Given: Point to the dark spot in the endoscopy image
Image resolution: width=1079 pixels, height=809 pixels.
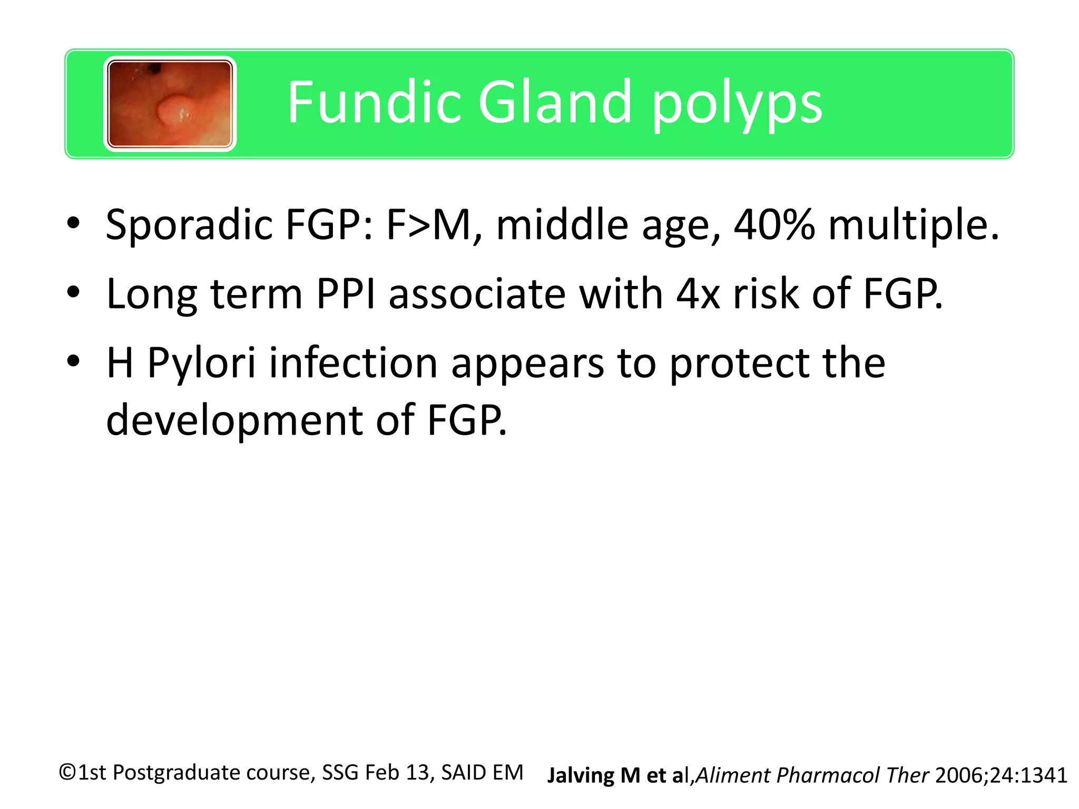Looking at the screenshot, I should pos(155,68).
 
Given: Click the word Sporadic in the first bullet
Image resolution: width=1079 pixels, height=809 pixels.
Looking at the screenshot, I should pos(188,225).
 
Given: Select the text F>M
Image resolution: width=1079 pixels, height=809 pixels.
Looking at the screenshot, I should pos(427,225).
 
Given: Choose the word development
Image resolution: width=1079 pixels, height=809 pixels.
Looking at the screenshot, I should pos(234,420).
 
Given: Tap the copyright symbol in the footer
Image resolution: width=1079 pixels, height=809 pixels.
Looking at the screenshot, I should pos(68,773).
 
